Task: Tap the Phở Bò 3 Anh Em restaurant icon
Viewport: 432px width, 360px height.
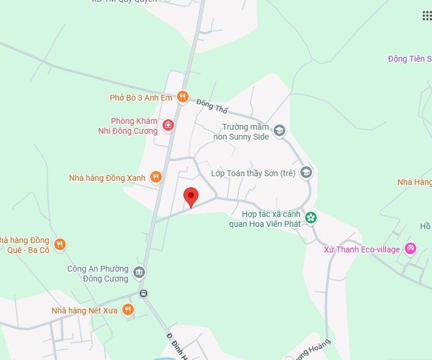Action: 182,98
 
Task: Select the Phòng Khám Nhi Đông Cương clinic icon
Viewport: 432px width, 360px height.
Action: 168,124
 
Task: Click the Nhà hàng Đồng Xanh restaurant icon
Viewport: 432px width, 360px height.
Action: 155,177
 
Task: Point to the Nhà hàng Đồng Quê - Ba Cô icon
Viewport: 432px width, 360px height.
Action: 59,245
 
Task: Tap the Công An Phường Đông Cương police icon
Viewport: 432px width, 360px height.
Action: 139,272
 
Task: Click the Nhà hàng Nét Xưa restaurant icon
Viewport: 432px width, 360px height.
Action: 128,310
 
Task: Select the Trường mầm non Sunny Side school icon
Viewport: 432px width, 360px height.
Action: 279,131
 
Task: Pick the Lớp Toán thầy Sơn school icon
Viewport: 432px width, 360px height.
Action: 306,173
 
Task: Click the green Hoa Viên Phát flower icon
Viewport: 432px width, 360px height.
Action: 311,218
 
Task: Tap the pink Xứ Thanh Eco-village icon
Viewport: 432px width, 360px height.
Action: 410,249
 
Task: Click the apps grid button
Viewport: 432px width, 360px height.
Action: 427,16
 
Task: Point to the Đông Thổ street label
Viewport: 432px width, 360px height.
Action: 213,106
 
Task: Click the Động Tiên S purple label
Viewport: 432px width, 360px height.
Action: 410,59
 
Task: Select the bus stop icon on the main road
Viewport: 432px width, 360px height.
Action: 143,293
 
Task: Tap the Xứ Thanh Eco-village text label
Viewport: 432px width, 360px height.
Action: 362,249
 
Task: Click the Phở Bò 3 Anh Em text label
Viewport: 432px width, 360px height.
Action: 141,98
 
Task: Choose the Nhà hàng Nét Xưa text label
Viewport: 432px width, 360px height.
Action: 84,311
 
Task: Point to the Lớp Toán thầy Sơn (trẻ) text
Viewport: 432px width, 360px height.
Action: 253,173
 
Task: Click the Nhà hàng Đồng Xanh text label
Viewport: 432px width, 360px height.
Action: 107,178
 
